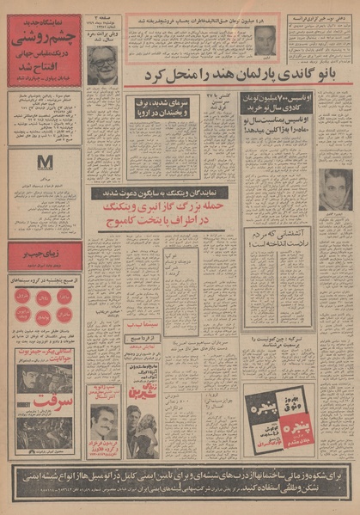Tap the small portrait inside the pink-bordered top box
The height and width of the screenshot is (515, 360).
(262, 37)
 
